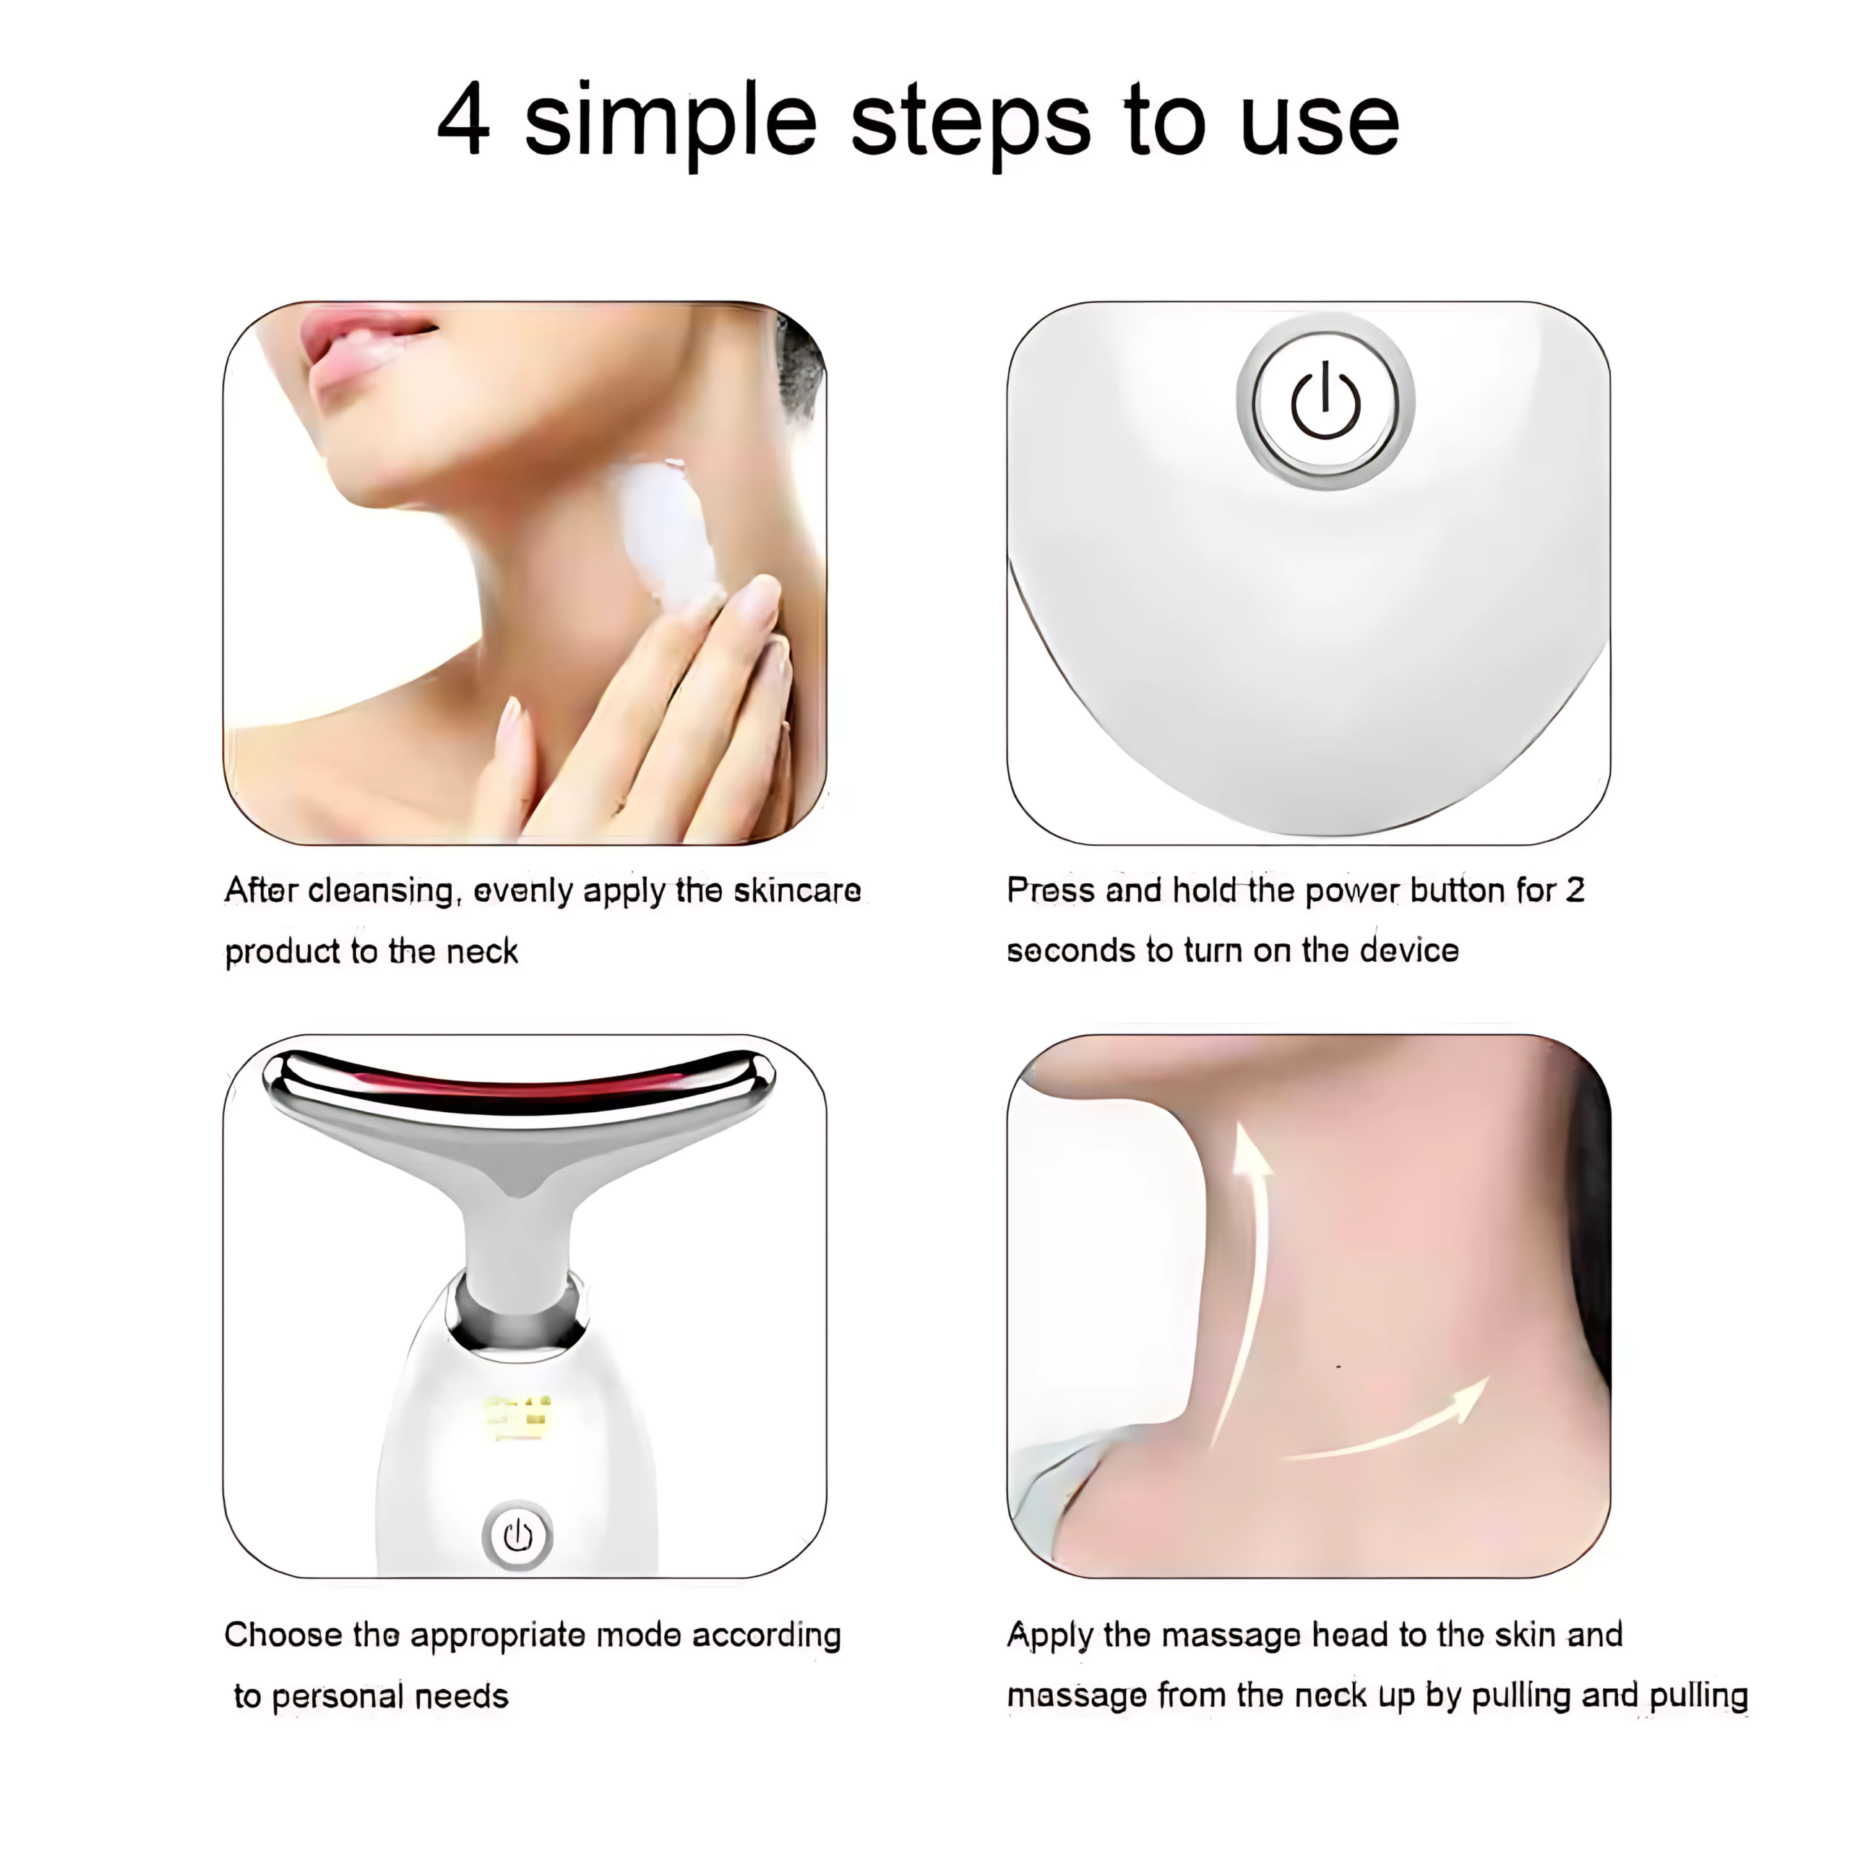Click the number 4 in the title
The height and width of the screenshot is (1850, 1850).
pyautogui.click(x=463, y=121)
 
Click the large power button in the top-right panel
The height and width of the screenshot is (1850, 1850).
pyautogui.click(x=1325, y=403)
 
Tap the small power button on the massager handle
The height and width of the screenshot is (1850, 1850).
pyautogui.click(x=517, y=1536)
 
